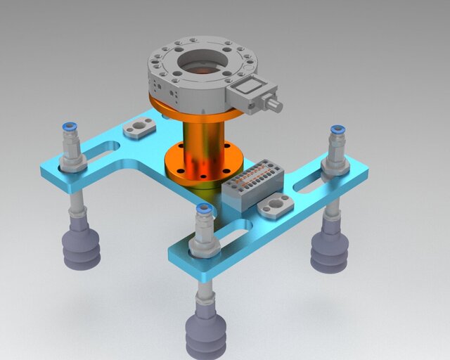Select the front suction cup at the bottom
point(205,334)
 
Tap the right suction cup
point(330,251)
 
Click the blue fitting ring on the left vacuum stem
point(70,127)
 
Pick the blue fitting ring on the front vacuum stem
point(204,209)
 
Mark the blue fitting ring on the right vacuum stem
point(337,129)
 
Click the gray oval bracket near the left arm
point(140,129)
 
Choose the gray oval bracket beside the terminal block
point(274,207)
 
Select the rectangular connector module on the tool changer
point(252,94)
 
